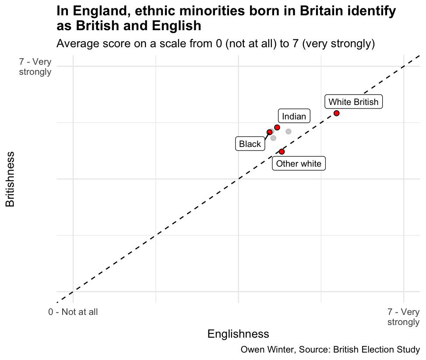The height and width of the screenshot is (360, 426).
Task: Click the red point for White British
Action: (336, 113)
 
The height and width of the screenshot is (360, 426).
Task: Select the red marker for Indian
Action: (277, 127)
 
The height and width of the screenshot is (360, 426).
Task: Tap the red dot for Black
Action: (269, 132)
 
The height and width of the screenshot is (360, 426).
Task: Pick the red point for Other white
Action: (282, 151)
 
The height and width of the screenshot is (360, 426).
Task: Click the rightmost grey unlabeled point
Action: (288, 132)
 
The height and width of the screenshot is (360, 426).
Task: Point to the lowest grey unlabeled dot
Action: (273, 138)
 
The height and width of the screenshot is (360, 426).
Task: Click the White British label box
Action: (353, 102)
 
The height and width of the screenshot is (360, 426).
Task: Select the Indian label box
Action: (294, 116)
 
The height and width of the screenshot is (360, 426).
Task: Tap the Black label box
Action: (250, 144)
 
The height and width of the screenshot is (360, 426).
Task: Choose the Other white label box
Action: (299, 164)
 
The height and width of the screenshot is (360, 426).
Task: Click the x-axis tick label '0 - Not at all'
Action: (73, 312)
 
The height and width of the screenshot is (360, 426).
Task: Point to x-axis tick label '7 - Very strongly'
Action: (403, 317)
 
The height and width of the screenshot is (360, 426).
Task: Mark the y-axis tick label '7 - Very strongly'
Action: (35, 67)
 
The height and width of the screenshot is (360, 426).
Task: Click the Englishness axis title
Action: (238, 334)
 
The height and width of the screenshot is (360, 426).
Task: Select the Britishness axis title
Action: (10, 179)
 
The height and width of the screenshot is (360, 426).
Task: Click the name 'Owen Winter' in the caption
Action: (262, 350)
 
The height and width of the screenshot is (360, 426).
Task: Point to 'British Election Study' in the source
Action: (376, 350)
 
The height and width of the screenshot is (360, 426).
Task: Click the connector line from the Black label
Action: (266, 137)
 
